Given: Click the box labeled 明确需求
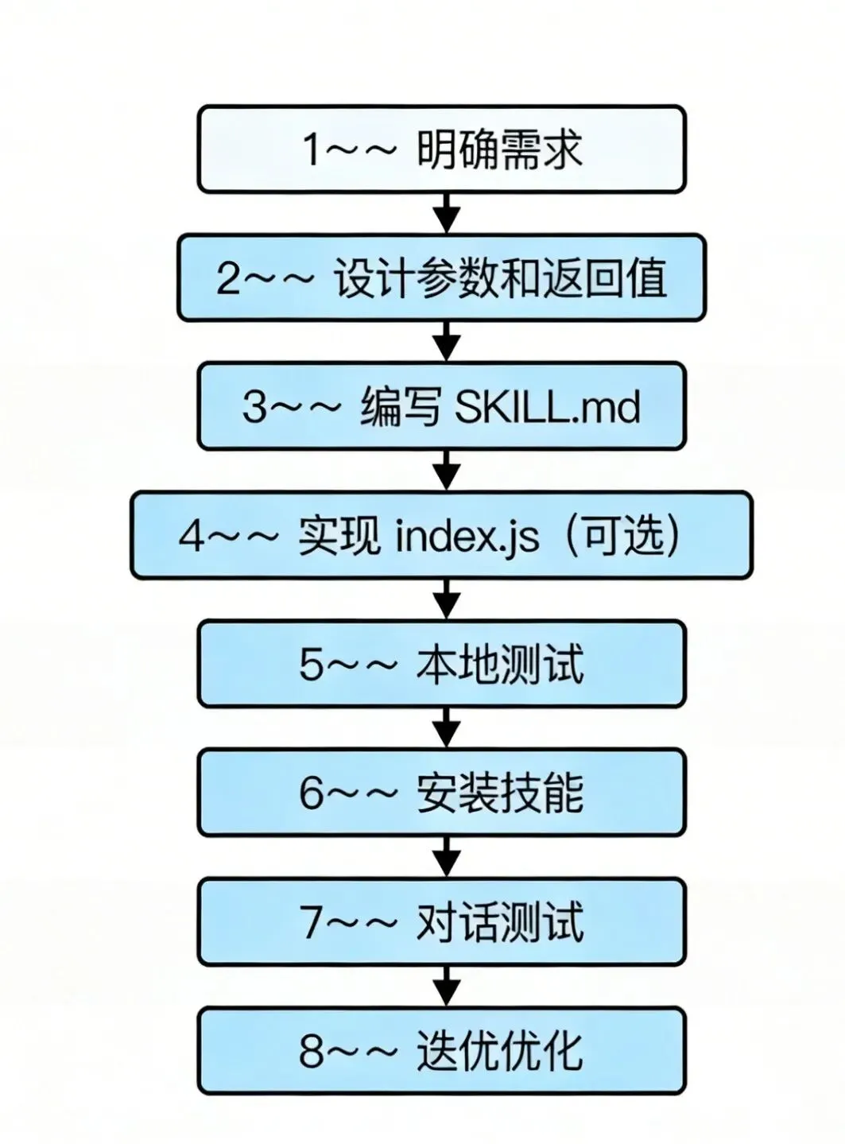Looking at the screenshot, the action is [441, 149].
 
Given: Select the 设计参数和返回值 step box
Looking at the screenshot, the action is [441, 277].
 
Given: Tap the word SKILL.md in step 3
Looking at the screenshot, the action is [547, 407].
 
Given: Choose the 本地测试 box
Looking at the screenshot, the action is [441, 664].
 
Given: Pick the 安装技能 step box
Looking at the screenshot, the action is [441, 793].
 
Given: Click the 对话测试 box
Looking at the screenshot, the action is [441, 922].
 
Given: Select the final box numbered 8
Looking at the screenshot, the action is [441, 1051].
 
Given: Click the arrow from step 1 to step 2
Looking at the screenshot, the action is [447, 213].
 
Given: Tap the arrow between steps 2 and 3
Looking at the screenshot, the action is [447, 342].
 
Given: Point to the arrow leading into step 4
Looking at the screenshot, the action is [447, 471].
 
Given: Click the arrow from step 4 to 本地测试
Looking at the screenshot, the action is [447, 599].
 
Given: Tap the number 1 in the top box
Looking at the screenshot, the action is [312, 149].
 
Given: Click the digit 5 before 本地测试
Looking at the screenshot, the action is [311, 665].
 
